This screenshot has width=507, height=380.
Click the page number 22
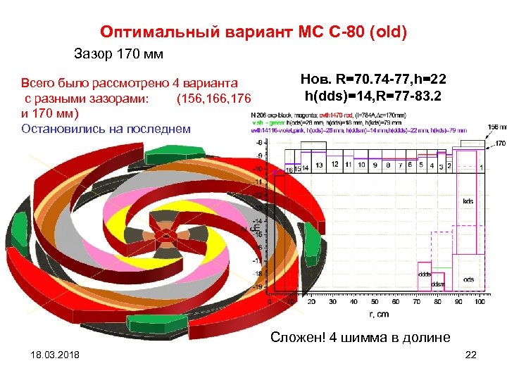471,355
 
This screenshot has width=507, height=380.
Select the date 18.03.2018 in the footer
51,355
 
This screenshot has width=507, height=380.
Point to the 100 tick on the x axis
480,302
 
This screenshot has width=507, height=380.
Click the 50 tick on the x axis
374,302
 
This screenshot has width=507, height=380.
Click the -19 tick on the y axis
258,287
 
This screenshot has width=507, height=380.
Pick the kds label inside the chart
468,201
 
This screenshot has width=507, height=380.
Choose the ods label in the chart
468,280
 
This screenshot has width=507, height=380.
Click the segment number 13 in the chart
320,165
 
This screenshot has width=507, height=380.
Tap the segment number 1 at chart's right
481,167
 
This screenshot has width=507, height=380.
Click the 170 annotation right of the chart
499,144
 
